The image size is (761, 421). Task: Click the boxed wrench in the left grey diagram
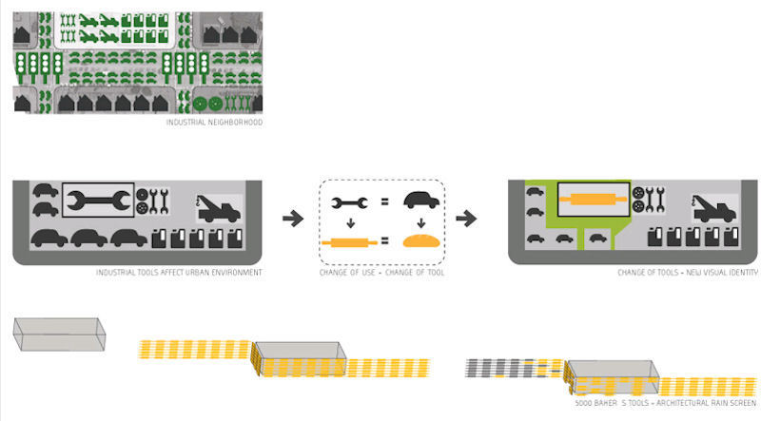coord(98,201)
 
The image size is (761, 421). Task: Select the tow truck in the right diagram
coord(713,206)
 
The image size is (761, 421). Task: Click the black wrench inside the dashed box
coord(350,202)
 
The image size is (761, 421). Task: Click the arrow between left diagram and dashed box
coord(295,218)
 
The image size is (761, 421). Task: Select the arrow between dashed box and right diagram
coord(466,218)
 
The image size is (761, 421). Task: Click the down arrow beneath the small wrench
coord(350,224)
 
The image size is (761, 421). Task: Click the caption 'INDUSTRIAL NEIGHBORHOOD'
coord(214,123)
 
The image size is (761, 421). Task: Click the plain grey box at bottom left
coord(58,335)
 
